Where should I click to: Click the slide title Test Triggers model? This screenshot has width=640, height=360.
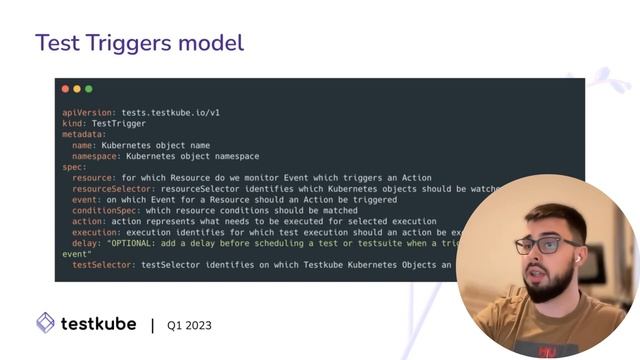[139, 43]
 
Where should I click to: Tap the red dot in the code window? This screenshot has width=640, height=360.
[66, 89]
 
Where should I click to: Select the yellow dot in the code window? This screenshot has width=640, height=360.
[77, 89]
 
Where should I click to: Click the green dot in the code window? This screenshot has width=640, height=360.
[88, 89]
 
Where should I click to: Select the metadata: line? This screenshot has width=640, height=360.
[84, 134]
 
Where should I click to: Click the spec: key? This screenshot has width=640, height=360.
[74, 167]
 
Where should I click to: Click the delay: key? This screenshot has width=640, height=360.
[87, 243]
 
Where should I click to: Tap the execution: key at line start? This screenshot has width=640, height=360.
[97, 232]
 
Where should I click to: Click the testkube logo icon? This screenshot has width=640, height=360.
[45, 323]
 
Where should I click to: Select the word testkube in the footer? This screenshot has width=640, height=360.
[98, 323]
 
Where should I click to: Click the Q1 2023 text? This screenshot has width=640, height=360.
[189, 325]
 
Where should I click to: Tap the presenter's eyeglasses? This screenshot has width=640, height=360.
[545, 244]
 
